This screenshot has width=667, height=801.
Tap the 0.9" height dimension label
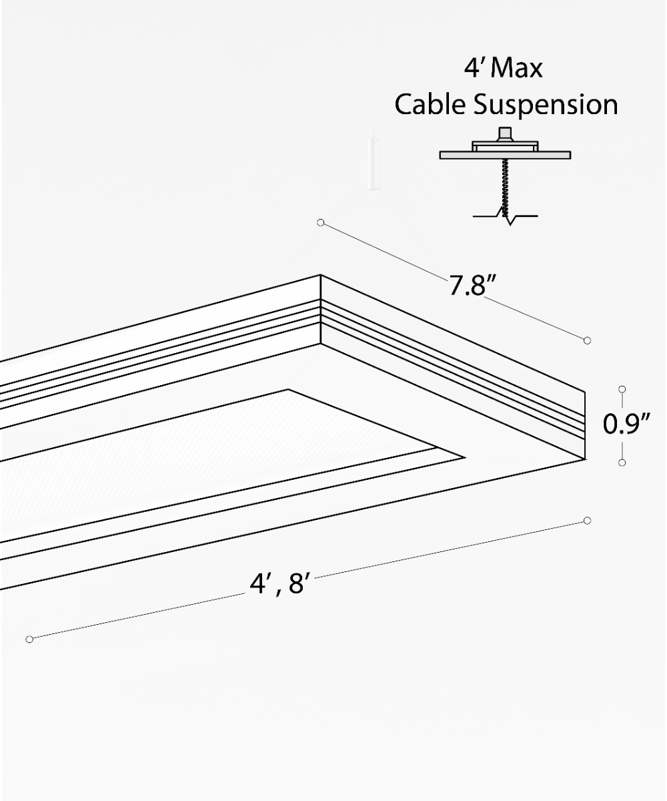click(627, 425)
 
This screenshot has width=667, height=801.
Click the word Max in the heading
click(518, 69)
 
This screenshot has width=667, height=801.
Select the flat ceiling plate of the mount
click(505, 155)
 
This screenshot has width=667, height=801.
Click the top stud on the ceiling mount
click(505, 132)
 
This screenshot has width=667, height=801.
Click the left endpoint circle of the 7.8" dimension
click(321, 222)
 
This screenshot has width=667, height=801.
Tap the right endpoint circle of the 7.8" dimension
click(587, 340)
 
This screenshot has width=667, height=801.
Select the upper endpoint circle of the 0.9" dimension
click(622, 388)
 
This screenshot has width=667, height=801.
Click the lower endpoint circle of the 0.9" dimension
click(622, 462)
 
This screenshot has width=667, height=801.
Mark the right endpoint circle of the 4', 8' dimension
click(587, 520)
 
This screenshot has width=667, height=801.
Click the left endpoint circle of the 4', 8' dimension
click(29, 639)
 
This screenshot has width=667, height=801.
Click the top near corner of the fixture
click(321, 276)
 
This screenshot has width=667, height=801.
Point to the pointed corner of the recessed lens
click(464, 458)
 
